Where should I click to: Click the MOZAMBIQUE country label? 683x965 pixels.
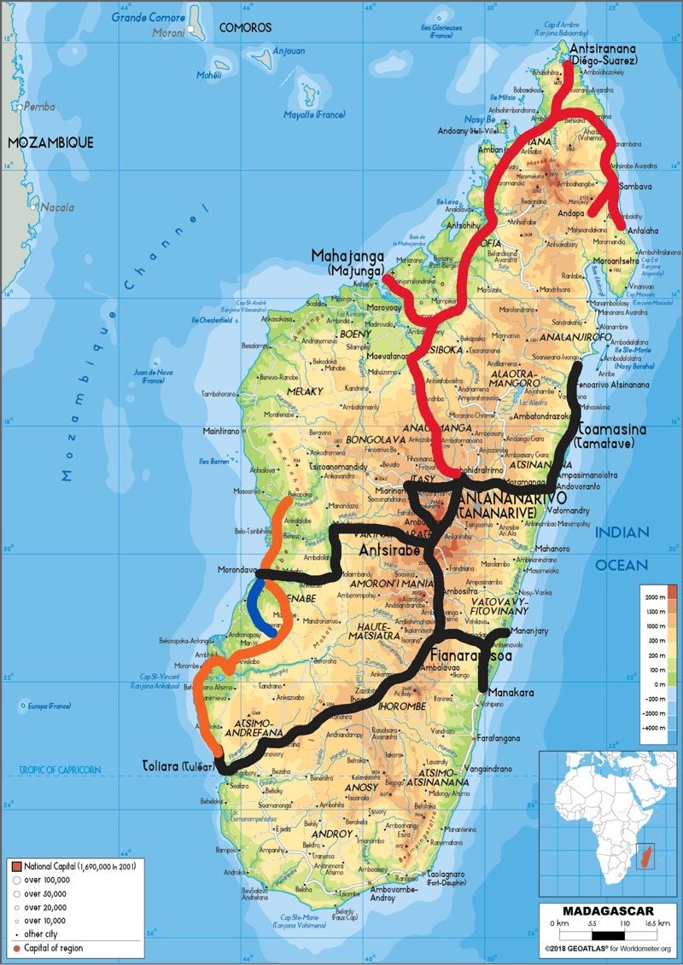pos(50,142)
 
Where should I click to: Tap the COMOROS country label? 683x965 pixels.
pos(245,28)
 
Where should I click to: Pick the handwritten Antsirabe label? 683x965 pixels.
pos(389,550)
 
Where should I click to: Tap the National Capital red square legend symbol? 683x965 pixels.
pos(16,866)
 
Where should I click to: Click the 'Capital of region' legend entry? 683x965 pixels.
pos(53,948)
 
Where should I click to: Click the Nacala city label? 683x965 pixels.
pos(60,207)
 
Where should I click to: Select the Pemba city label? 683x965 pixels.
pos(39,107)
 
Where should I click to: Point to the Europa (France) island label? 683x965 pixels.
pos(48,706)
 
